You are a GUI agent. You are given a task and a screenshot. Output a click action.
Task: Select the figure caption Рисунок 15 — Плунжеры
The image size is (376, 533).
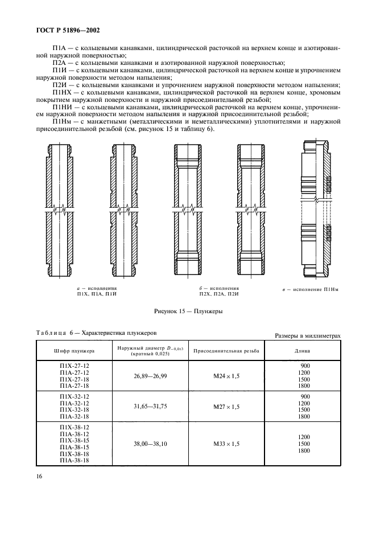pos(188,312)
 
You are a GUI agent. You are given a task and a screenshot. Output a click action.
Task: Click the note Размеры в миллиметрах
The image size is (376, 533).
pos(307,336)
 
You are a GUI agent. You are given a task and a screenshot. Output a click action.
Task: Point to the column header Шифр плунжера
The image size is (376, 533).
pos(74,351)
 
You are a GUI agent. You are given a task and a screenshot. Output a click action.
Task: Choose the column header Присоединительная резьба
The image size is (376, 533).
pos(226,351)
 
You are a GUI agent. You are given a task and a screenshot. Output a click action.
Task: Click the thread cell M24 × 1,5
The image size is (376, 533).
pos(226,376)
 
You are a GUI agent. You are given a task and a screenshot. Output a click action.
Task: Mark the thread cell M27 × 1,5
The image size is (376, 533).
pos(226,407)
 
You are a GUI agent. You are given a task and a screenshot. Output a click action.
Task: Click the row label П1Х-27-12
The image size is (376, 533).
pos(75,366)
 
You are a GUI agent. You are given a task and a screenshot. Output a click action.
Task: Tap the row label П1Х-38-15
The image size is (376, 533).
pos(75,440)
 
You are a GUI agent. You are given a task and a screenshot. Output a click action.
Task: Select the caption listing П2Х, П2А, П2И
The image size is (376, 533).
pos(219,294)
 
